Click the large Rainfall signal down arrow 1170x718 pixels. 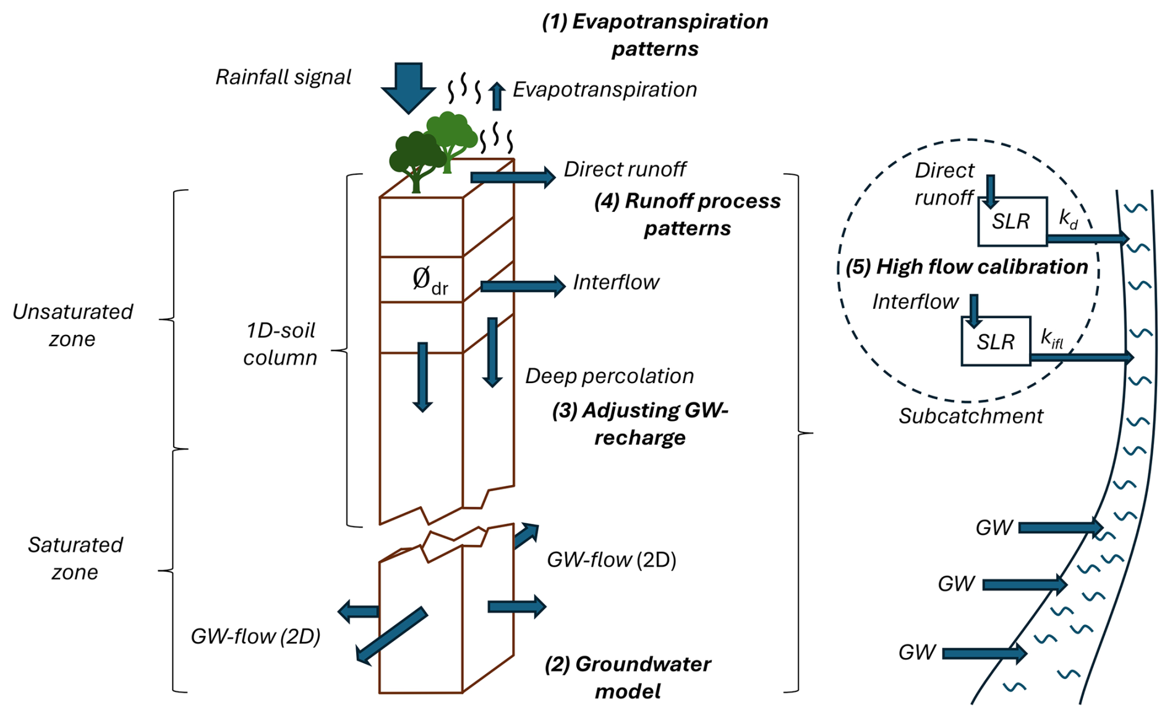(x=408, y=87)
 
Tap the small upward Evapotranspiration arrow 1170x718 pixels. (x=496, y=97)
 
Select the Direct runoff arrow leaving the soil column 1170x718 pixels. (x=513, y=177)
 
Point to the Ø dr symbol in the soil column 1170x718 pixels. (x=430, y=281)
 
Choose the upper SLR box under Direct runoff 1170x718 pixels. (x=1012, y=221)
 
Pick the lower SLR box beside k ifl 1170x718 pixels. (x=996, y=341)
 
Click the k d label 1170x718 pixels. (x=1068, y=219)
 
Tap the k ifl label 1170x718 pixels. (x=1052, y=339)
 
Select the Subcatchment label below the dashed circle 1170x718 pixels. (x=970, y=416)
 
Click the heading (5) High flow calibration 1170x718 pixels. (x=967, y=267)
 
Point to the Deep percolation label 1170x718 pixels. (x=609, y=376)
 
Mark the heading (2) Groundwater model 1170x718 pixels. (x=628, y=677)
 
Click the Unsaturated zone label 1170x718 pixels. (x=72, y=325)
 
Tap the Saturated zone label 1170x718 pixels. (x=75, y=558)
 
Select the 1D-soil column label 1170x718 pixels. (x=280, y=344)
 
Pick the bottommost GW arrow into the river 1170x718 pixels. (x=984, y=653)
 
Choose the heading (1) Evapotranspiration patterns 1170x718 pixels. (x=655, y=35)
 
